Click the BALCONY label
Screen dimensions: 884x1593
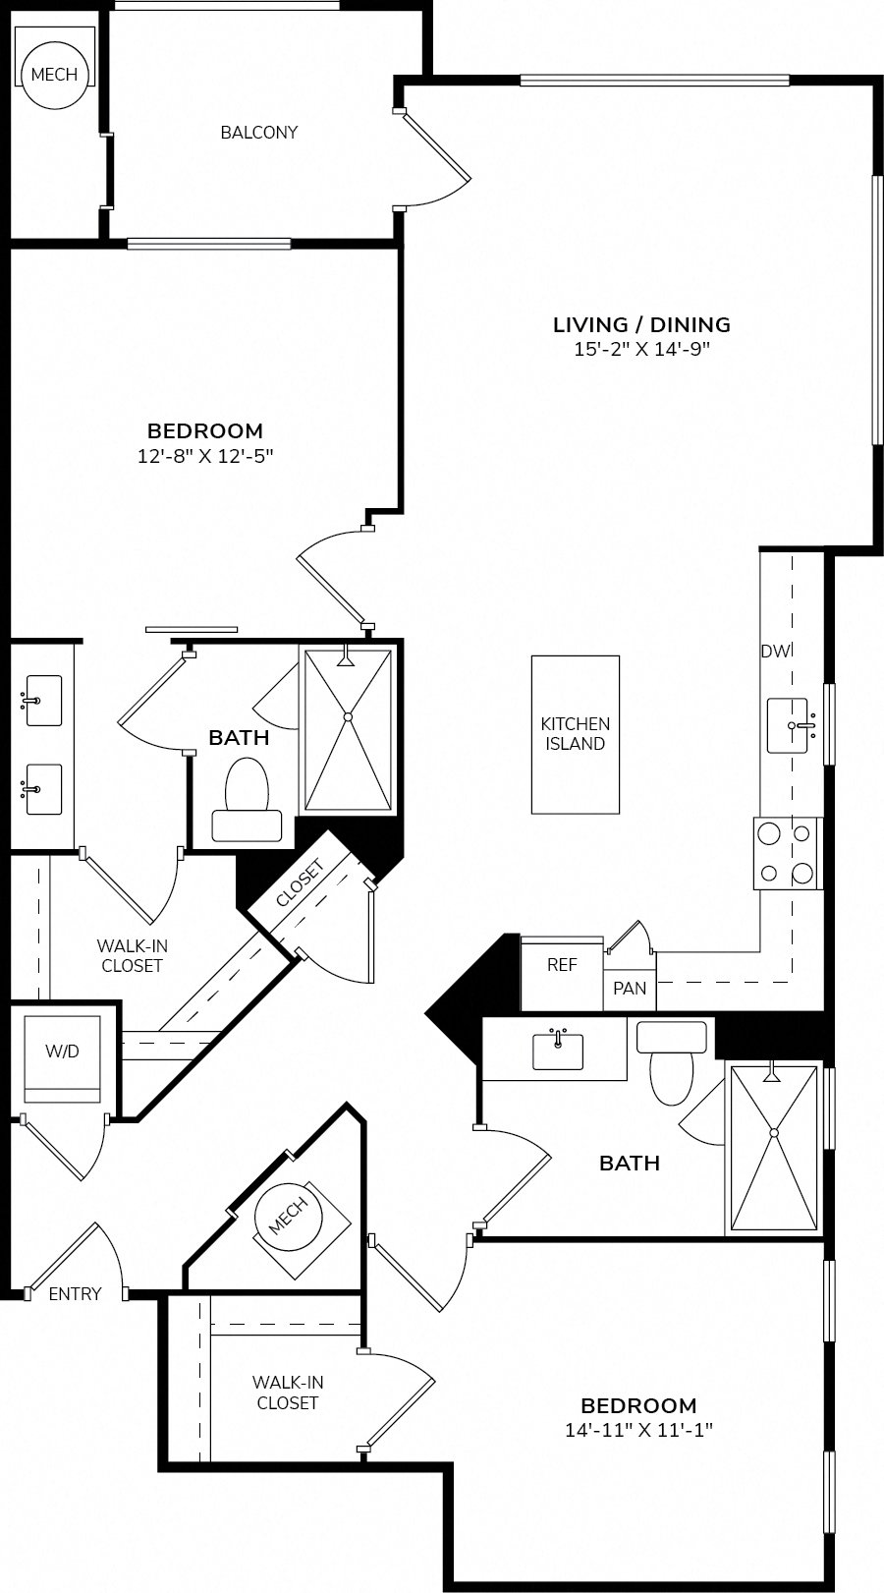point(258,133)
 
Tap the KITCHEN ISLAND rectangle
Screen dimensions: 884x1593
point(575,734)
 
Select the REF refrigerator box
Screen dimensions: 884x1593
point(562,973)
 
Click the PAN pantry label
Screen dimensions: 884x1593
point(630,988)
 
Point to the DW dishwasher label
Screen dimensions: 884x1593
point(775,651)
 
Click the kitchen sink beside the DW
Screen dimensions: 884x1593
point(788,725)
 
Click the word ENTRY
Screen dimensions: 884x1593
point(75,1293)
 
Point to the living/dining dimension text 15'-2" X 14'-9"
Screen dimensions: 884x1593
point(642,349)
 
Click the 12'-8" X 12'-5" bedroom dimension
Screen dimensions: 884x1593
point(205,456)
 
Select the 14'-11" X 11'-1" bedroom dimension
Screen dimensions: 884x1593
point(638,1430)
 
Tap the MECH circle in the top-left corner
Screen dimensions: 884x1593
point(55,74)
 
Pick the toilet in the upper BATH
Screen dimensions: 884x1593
point(247,800)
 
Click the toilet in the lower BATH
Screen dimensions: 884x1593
point(672,1063)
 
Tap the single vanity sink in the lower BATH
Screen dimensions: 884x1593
point(558,1050)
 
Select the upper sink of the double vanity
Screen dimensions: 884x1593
point(42,701)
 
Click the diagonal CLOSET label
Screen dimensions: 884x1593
point(301,883)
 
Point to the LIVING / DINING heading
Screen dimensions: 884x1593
point(641,325)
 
